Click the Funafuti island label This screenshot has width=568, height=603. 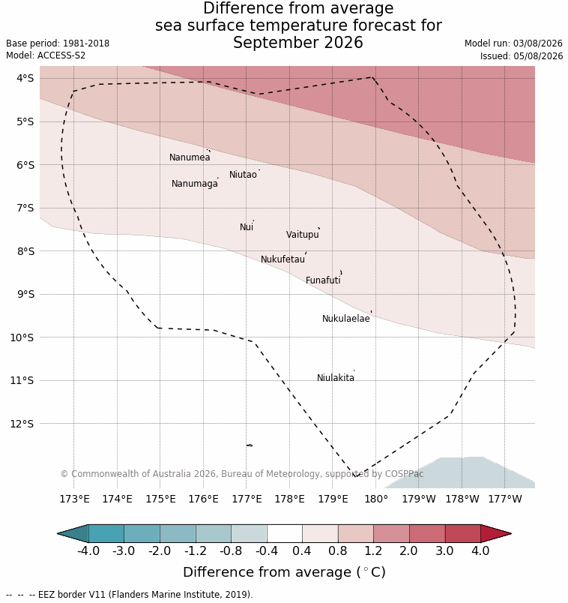click(x=323, y=280)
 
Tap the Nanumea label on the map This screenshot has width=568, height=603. click(x=190, y=157)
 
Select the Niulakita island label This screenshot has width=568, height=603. click(x=336, y=378)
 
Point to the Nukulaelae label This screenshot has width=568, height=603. click(x=346, y=319)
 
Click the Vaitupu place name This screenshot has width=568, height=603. click(x=303, y=235)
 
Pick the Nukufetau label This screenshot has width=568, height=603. click(x=283, y=259)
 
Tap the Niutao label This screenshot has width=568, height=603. click(x=243, y=175)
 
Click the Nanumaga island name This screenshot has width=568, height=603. click(x=195, y=184)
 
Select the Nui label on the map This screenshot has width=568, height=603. click(x=247, y=227)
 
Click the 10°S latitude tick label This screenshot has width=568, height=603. click(x=22, y=337)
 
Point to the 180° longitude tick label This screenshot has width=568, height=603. click(x=376, y=499)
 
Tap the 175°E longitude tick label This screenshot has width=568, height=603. click(x=160, y=499)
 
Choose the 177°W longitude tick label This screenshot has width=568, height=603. click(x=505, y=499)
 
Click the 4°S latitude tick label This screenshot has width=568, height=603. click(x=25, y=79)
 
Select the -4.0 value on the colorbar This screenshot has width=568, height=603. click(x=88, y=550)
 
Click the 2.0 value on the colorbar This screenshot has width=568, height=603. click(x=408, y=550)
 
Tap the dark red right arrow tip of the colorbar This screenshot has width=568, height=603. click(x=511, y=534)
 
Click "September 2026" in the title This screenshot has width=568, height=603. click(x=297, y=43)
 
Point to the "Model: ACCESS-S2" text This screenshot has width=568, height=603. click(x=46, y=55)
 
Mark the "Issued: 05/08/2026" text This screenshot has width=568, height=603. click(x=522, y=56)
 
